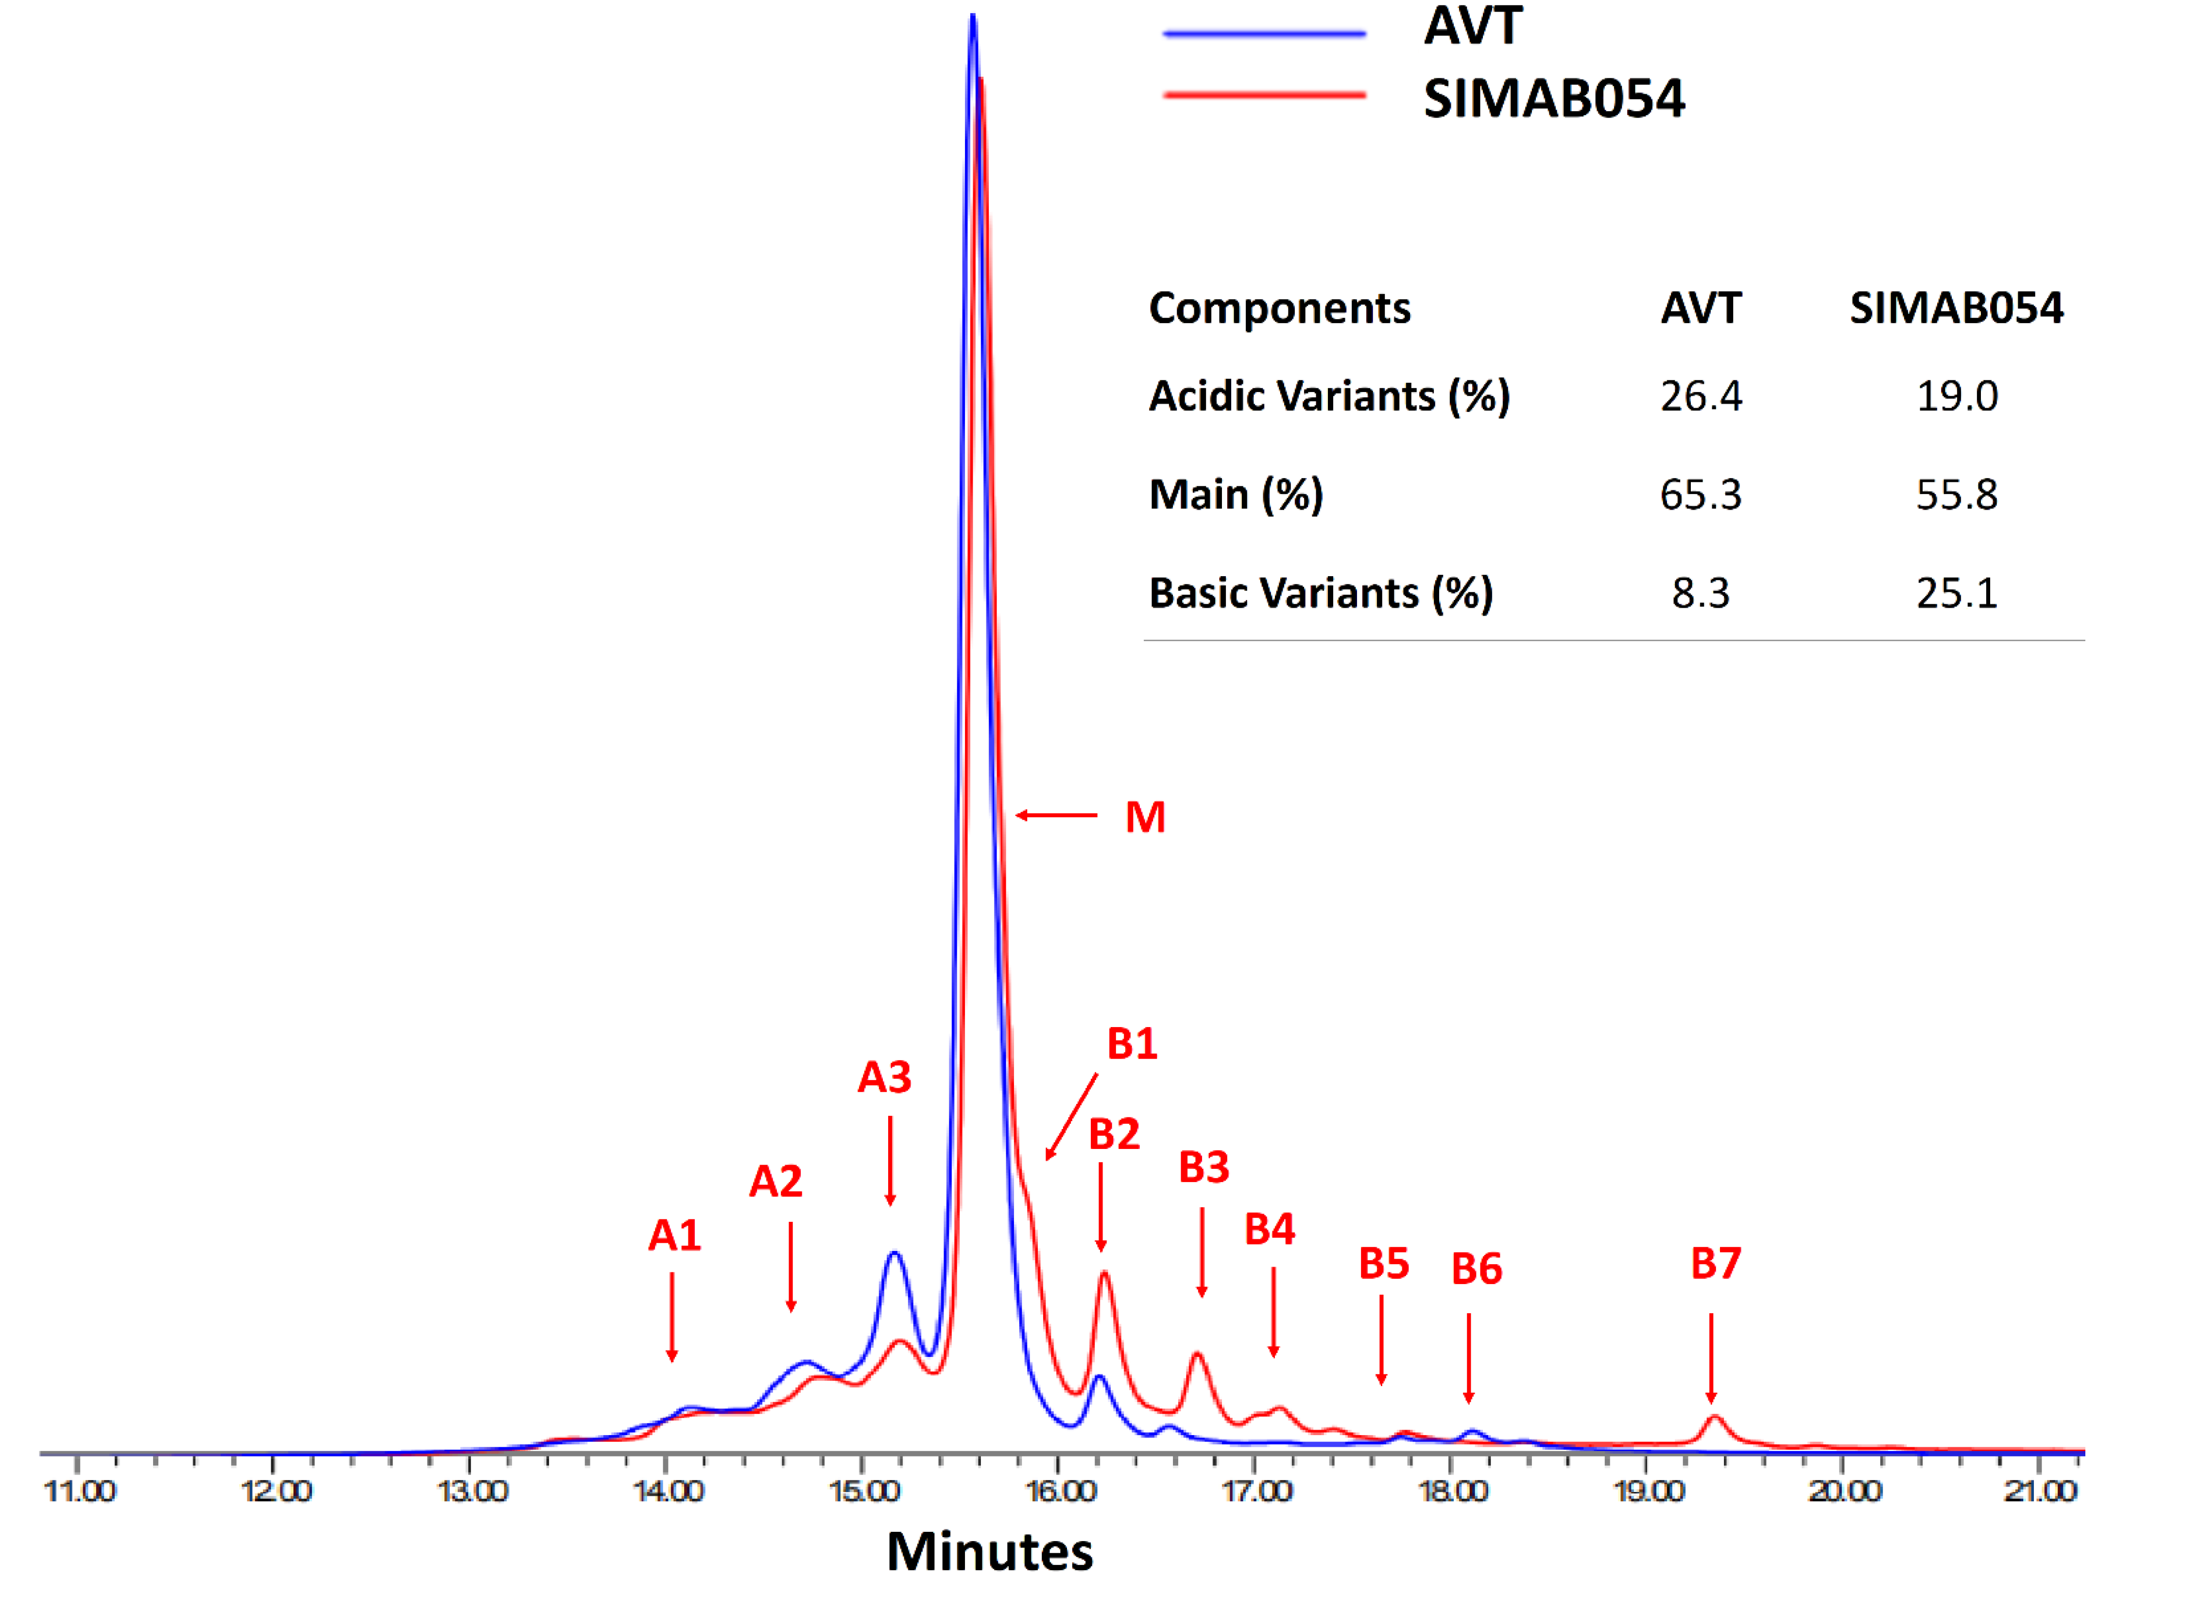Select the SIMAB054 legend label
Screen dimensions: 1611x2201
coord(1553,99)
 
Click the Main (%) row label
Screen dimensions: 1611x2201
coord(1236,495)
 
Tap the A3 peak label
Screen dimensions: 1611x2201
coord(883,1078)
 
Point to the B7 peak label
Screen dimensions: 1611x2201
coord(1715,1264)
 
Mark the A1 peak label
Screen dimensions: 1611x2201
coord(674,1235)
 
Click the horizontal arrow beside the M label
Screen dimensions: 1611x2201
coord(1056,815)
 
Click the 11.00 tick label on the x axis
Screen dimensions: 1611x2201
coord(80,1491)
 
